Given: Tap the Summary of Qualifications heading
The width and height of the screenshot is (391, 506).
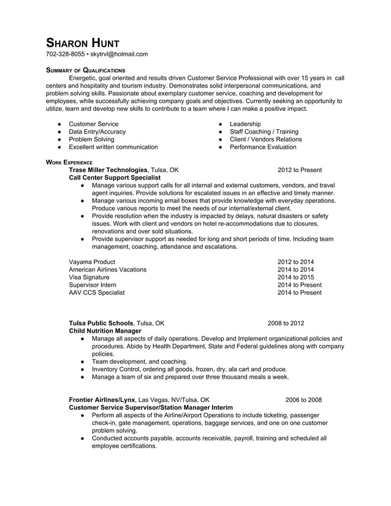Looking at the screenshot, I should point(86,70).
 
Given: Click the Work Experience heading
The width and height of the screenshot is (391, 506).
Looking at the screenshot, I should point(69,162).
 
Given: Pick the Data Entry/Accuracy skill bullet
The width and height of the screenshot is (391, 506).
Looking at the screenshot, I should point(97,132).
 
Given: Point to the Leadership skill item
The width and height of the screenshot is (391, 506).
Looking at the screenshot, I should point(245,124).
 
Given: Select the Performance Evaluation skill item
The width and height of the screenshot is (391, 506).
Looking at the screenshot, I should point(263,147).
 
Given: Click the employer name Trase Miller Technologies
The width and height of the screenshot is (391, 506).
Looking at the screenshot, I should point(108,170).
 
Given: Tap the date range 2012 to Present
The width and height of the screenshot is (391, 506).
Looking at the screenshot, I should point(299,170).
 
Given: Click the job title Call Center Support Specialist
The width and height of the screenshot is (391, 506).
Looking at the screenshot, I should point(115,178).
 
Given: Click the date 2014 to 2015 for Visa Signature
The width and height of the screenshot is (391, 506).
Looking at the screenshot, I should point(295,277).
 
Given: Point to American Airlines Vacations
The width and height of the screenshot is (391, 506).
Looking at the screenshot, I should point(107,270).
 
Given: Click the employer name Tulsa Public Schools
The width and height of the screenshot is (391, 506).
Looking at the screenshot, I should point(101,323).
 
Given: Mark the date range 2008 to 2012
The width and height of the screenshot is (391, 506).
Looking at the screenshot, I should point(286,323).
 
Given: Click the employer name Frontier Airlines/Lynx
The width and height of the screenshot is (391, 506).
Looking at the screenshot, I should point(102,399).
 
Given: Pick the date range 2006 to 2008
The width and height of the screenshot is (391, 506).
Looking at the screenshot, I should point(303,399).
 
